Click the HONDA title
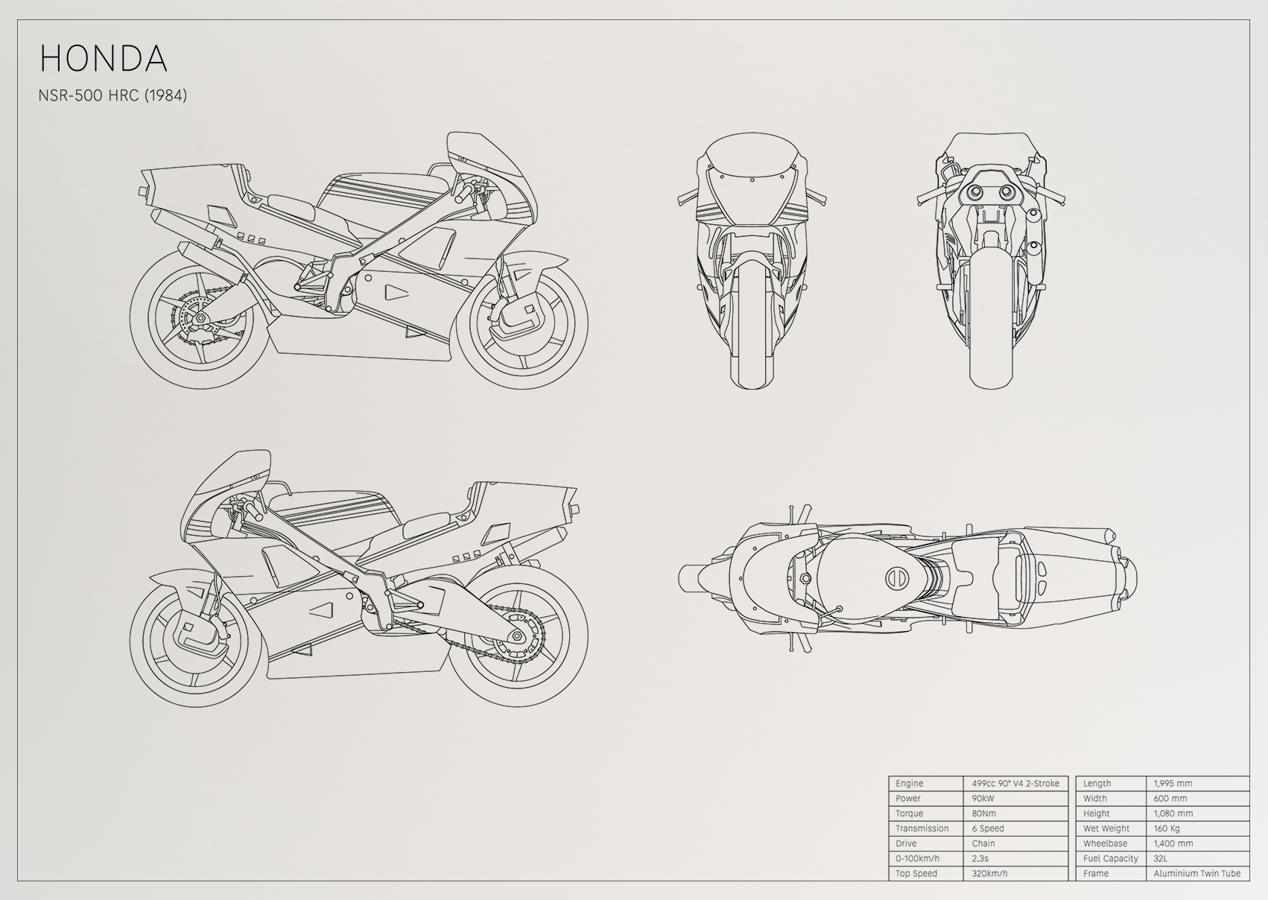pyautogui.click(x=104, y=58)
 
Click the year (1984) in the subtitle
pyautogui.click(x=166, y=95)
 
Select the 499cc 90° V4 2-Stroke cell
pyautogui.click(x=1015, y=783)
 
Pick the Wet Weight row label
pyautogui.click(x=1106, y=828)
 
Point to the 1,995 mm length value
pyautogui.click(x=1173, y=783)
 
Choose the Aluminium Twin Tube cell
pyautogui.click(x=1196, y=873)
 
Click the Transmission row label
pyautogui.click(x=922, y=828)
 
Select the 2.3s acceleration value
pyautogui.click(x=980, y=858)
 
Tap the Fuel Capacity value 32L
pyautogui.click(x=1160, y=858)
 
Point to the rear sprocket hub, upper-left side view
pyautogui.click(x=198, y=320)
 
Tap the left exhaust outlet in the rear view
pyautogui.click(x=975, y=192)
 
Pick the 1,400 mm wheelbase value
pyautogui.click(x=1173, y=843)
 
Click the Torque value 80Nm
pyautogui.click(x=984, y=814)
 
